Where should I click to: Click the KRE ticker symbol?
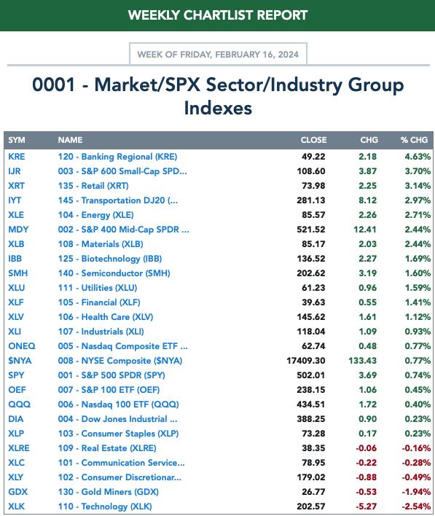[17, 157]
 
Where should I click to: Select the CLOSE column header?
[313, 140]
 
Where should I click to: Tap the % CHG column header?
[415, 140]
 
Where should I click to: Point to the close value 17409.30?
[306, 361]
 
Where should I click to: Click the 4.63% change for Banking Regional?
[418, 157]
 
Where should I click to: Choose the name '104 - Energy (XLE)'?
[95, 215]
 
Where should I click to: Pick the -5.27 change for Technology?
[366, 507]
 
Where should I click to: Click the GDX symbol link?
[17, 492]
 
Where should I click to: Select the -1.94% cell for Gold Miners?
[416, 492]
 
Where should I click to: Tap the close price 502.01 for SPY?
[311, 375]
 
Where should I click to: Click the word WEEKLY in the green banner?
[154, 15]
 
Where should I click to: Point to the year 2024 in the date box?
[289, 55]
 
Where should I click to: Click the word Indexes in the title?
[218, 109]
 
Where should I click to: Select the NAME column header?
[70, 140]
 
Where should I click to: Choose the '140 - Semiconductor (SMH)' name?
[114, 273]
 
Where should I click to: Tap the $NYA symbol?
[20, 361]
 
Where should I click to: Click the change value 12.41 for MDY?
[365, 230]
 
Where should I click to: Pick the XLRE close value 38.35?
[313, 448]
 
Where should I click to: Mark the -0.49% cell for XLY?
[416, 477]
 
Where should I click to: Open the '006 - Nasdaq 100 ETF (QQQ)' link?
[119, 404]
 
